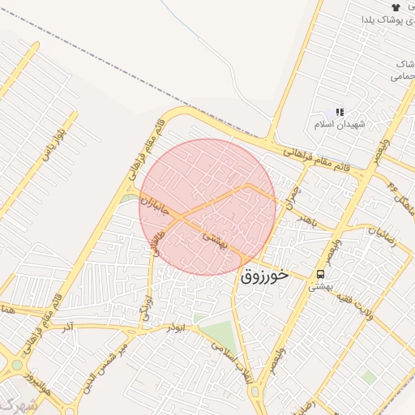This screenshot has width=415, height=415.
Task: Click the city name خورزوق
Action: coord(264,276)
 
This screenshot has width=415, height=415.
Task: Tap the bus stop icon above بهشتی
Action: coord(321,274)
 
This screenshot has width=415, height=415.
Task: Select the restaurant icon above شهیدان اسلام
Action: coord(340,112)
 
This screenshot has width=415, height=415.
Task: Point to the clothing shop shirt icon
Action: coord(396,6)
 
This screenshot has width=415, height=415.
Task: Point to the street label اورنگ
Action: coord(148,308)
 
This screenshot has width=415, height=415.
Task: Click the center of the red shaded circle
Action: coord(207,207)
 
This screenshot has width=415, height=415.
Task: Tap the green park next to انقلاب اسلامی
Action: coord(216,333)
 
